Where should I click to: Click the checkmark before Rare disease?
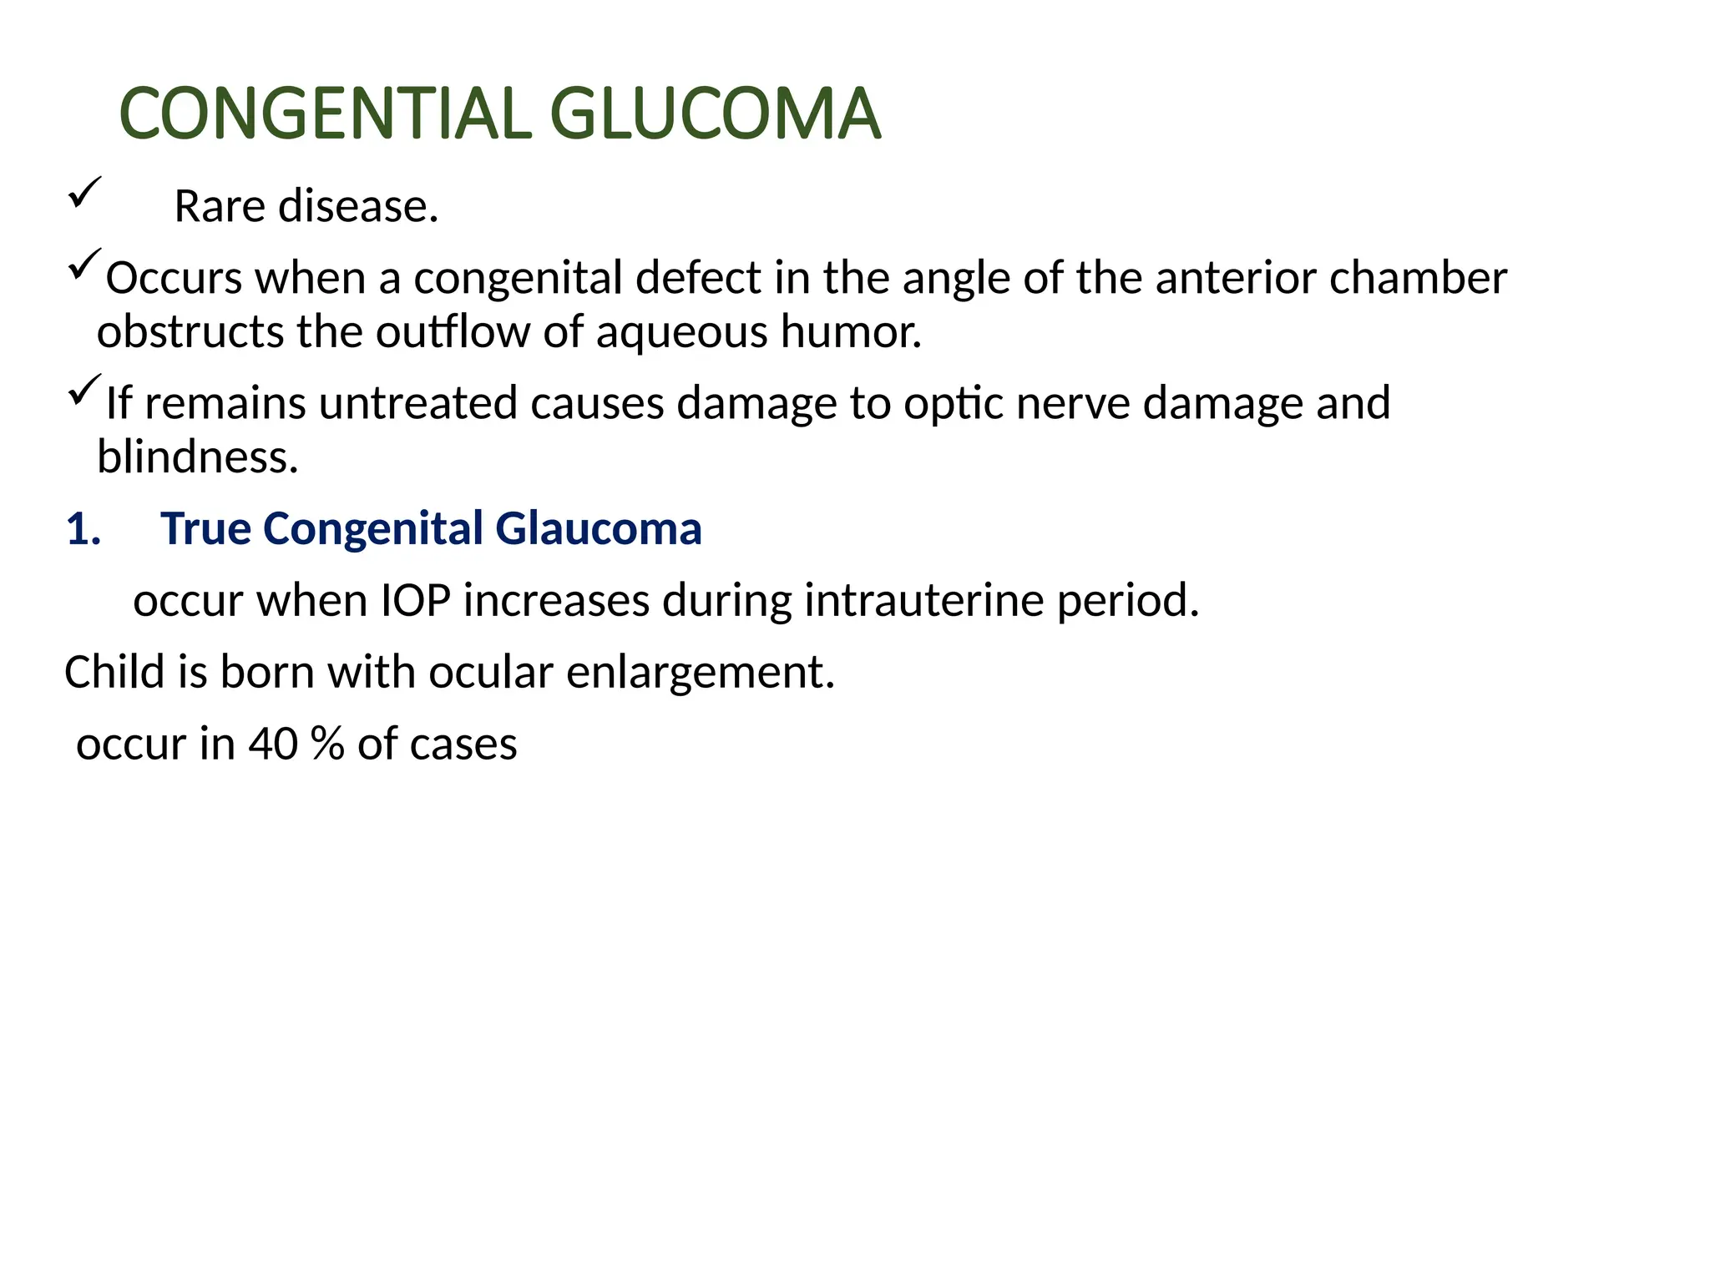pyautogui.click(x=84, y=192)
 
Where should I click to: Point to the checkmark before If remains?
pyautogui.click(x=84, y=390)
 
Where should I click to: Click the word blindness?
pyautogui.click(x=197, y=457)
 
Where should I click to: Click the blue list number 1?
pyautogui.click(x=83, y=529)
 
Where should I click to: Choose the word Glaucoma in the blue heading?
pyautogui.click(x=598, y=529)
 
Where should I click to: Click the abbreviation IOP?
pyautogui.click(x=416, y=601)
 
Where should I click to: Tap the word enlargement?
pyautogui.click(x=701, y=672)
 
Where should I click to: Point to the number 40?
pyautogui.click(x=272, y=744)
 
